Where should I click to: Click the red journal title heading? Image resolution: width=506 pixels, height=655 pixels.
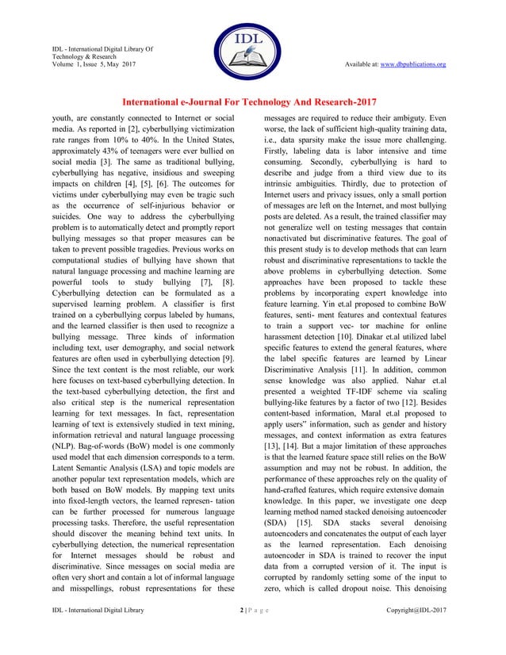point(253,102)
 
